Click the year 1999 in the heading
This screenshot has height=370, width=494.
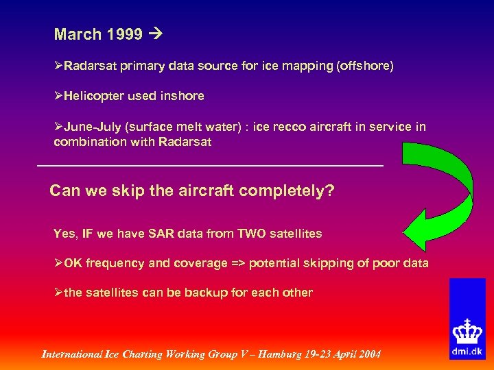click(x=126, y=34)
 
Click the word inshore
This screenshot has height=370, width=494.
click(x=182, y=96)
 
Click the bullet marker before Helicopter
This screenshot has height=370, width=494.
click(x=58, y=96)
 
